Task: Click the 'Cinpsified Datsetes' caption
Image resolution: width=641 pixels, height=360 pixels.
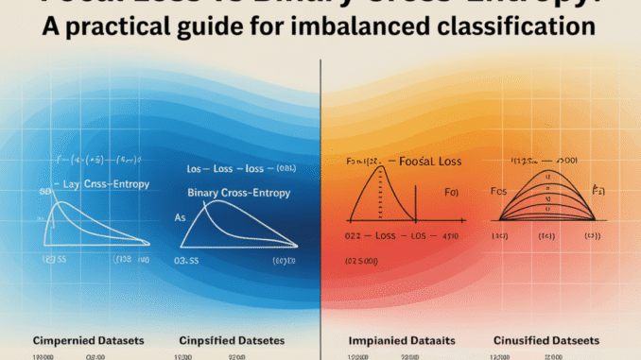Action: [x=232, y=339]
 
